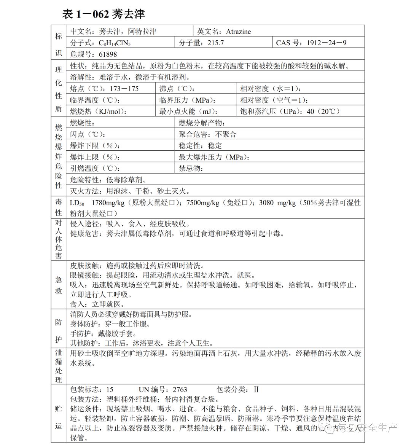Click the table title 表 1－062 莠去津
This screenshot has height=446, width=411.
click(x=104, y=14)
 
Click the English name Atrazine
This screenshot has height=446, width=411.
click(x=238, y=32)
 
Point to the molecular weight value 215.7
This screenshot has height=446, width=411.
click(x=216, y=43)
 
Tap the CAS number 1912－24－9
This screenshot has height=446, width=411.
click(x=327, y=43)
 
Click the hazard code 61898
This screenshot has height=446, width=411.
click(x=108, y=54)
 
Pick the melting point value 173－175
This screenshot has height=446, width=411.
click(x=124, y=89)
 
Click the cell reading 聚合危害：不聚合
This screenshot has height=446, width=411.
click(x=207, y=134)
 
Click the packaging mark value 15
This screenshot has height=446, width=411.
click(x=110, y=390)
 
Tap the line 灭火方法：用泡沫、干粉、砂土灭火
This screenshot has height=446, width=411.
click(x=130, y=191)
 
